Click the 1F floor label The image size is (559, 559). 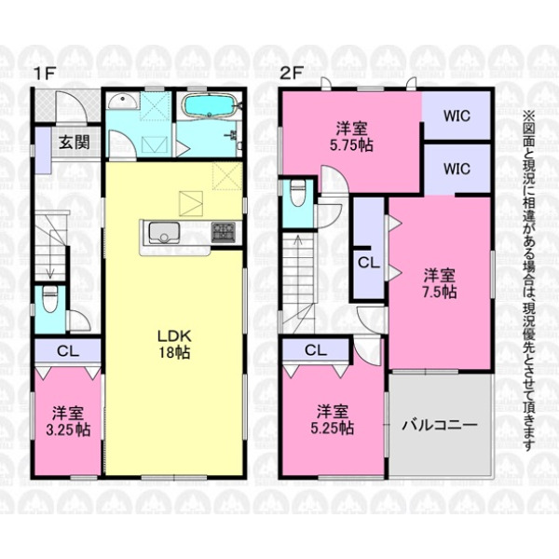[44, 74]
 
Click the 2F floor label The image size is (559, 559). [292, 74]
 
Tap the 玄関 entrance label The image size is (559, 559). [75, 143]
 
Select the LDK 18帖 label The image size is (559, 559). [174, 344]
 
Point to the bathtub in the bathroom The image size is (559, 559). [209, 105]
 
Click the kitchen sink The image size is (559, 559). [164, 232]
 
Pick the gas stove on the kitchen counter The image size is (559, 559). [224, 232]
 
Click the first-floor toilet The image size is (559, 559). [50, 299]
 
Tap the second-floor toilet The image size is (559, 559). [298, 193]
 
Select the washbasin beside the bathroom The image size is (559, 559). [123, 102]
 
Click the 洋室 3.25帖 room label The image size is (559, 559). [68, 421]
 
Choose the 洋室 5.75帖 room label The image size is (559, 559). [352, 137]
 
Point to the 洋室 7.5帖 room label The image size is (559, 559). [439, 284]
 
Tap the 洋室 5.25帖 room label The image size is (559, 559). [333, 419]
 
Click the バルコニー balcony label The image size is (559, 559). [440, 426]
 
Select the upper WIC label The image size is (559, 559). [457, 116]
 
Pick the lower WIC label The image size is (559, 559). [457, 169]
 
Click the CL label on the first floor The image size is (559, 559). [68, 351]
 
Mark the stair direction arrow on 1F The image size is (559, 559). [50, 254]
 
